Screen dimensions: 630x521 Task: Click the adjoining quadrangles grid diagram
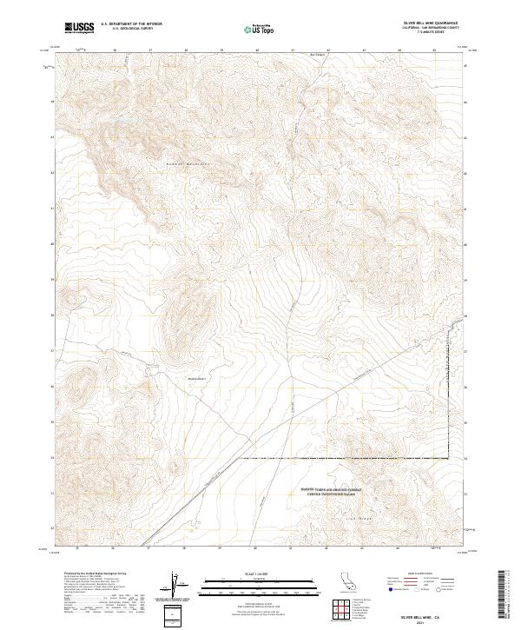353,609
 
